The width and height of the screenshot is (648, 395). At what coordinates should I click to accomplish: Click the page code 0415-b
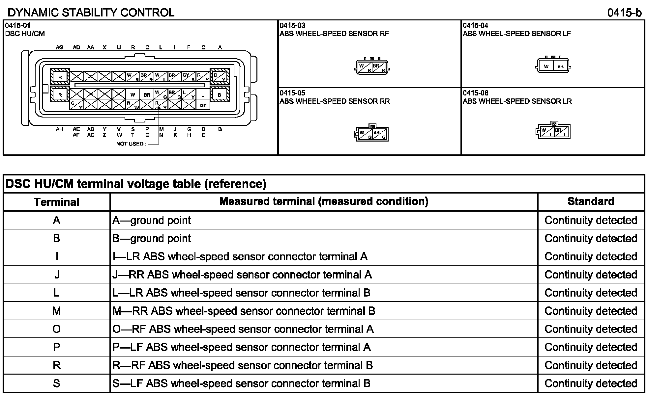point(624,13)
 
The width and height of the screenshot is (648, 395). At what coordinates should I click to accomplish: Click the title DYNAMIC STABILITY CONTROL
point(91,13)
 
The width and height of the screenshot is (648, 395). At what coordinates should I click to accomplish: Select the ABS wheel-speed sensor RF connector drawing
point(372,67)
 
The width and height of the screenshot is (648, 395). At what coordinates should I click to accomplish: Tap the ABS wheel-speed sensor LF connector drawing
point(553,66)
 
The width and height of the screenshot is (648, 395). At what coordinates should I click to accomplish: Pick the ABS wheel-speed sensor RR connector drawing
point(371,133)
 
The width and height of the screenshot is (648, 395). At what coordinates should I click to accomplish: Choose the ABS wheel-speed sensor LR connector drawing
point(553,131)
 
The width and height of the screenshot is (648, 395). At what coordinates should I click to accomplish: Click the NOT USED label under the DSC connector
point(131,144)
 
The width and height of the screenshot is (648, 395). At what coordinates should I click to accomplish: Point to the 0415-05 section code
point(292,93)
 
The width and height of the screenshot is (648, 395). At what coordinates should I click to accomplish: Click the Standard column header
point(591,201)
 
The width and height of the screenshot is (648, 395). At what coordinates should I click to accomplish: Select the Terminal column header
point(57,202)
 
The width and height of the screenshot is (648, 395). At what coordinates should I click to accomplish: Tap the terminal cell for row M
point(57,311)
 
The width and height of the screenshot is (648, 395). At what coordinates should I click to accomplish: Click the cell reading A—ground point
point(152,221)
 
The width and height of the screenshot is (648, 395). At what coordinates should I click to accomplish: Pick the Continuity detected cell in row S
point(591,383)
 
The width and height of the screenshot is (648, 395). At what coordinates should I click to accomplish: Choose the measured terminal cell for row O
point(243,329)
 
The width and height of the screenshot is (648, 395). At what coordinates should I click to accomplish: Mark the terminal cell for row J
point(57,275)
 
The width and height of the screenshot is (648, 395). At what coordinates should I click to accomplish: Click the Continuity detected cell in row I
point(591,257)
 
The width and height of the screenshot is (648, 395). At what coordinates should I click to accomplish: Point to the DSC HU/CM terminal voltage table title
point(136,184)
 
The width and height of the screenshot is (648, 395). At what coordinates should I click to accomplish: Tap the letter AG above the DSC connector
point(59,47)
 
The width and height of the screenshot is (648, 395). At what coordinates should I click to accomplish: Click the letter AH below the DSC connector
point(59,129)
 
